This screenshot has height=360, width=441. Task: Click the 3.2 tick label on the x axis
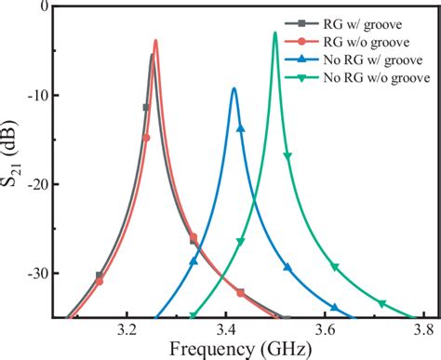(126, 330)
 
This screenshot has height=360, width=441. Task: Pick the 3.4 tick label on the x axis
(226, 330)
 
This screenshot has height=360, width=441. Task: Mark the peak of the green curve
(275, 33)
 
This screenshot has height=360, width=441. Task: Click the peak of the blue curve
(234, 89)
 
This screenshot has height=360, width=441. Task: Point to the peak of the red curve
(155, 40)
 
